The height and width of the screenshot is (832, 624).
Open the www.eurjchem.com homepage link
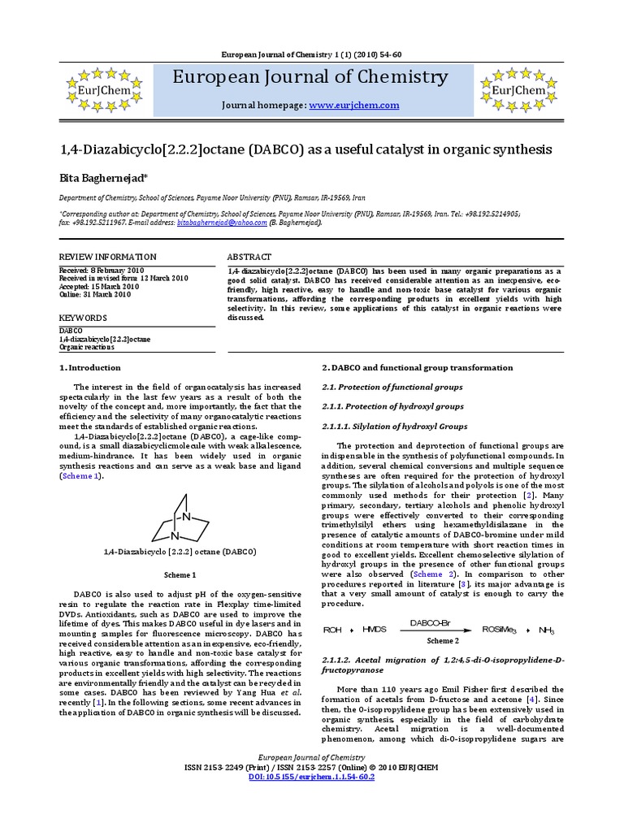coord(353,106)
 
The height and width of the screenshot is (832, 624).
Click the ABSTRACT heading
coord(249,256)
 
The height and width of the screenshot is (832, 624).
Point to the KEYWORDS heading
coord(83,318)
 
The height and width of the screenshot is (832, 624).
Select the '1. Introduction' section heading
coord(90,367)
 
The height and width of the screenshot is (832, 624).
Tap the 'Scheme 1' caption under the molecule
coord(180,574)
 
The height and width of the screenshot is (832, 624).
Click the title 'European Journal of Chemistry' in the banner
coord(310,78)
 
